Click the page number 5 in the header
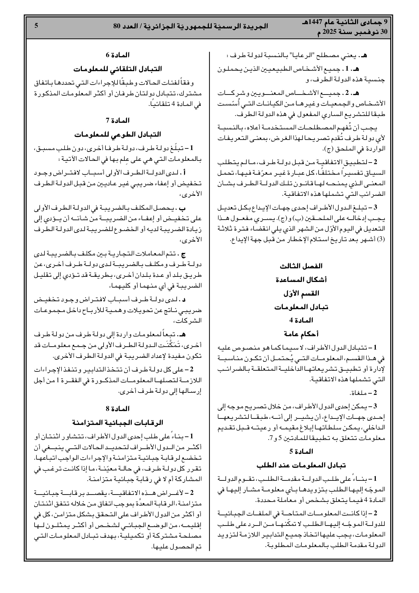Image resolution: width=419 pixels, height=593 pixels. click(x=36, y=26)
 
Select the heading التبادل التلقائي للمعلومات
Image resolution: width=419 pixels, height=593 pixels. click(x=118, y=69)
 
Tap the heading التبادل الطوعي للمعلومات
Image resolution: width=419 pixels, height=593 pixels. click(x=118, y=134)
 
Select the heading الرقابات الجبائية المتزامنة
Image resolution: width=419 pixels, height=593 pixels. click(x=118, y=423)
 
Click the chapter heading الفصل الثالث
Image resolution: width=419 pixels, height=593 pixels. click(x=301, y=266)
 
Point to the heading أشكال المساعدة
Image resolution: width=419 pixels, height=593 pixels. click(x=301, y=280)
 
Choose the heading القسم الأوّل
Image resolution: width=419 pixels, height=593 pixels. click(x=301, y=293)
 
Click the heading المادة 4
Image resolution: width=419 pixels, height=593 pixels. click(x=301, y=320)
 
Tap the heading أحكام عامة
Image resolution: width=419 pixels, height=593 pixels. click(x=301, y=334)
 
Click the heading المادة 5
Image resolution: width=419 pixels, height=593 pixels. click(x=301, y=451)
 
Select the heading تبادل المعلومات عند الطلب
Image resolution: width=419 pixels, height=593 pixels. click(x=301, y=465)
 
